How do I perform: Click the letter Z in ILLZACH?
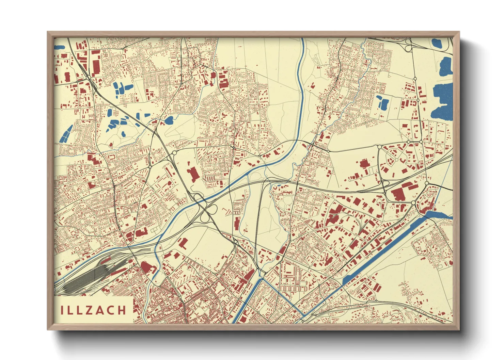(x=89, y=310)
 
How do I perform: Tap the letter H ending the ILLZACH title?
(x=121, y=310)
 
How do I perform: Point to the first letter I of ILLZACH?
(x=62, y=310)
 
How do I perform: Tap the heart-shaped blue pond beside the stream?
(x=169, y=120)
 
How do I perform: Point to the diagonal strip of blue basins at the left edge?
(x=66, y=133)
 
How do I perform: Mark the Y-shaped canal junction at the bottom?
(x=263, y=279)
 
